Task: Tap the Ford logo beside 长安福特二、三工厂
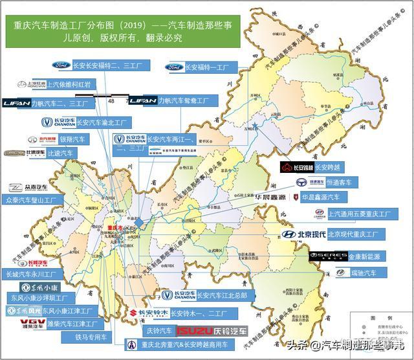click(61, 65)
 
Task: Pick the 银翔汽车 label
click(72, 139)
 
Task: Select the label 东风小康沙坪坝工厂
click(39, 298)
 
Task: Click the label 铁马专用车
click(89, 337)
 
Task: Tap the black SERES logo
click(329, 256)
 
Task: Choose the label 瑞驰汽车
click(363, 273)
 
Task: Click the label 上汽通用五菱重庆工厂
click(360, 213)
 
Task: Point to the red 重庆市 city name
click(115, 228)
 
